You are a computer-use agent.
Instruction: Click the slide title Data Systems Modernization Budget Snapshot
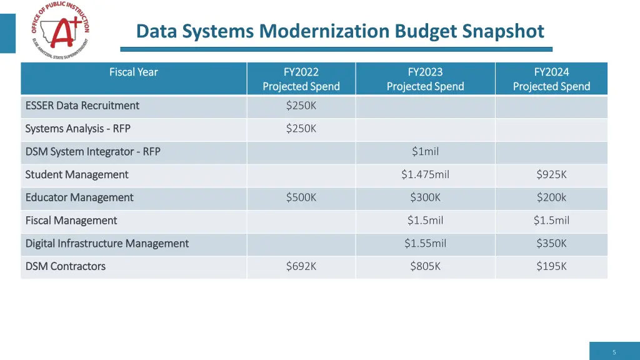coord(340,31)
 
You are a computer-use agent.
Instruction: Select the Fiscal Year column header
coord(134,72)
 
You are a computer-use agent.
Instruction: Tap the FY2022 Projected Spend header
coord(301,79)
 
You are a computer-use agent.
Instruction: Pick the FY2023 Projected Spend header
coord(425,79)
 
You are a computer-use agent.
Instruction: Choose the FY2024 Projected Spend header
coord(551,79)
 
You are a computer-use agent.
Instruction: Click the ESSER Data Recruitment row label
coord(82,106)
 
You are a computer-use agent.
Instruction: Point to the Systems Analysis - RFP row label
coord(78,129)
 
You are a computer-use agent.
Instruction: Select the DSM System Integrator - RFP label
coord(93,151)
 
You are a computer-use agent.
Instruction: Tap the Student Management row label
coord(77,174)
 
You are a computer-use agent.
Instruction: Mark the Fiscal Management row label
coord(71,220)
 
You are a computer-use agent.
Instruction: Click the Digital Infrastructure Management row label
coord(107,243)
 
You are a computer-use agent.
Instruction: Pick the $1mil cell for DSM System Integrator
coord(425,151)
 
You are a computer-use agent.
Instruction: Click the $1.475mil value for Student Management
coord(425,174)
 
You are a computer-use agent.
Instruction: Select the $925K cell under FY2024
coord(551,174)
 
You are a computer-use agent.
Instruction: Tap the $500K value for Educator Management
coord(301,197)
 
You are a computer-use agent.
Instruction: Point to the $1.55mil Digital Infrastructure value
coord(425,243)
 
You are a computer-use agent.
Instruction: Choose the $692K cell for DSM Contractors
coord(301,266)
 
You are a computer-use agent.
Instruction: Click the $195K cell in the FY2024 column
coord(551,266)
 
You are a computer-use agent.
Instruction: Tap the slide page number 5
coord(614,352)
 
